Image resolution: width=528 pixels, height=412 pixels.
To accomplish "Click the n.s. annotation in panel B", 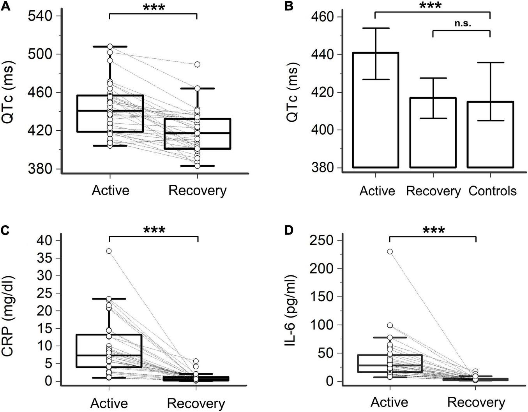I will (x=463, y=23).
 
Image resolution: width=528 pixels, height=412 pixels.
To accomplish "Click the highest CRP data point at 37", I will (x=109, y=251).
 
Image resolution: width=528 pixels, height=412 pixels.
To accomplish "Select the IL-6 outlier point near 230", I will (x=389, y=252).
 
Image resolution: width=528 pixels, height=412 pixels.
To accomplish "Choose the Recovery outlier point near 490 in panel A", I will (x=198, y=65).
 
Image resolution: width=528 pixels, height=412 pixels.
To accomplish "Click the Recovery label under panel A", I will (x=197, y=191).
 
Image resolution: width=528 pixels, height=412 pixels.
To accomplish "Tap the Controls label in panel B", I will (x=493, y=191).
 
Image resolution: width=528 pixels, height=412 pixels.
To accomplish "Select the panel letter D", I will (x=289, y=230).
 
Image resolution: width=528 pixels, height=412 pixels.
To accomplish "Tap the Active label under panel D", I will (x=389, y=402).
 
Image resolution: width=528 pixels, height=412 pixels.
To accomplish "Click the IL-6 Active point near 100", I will (x=389, y=325).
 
